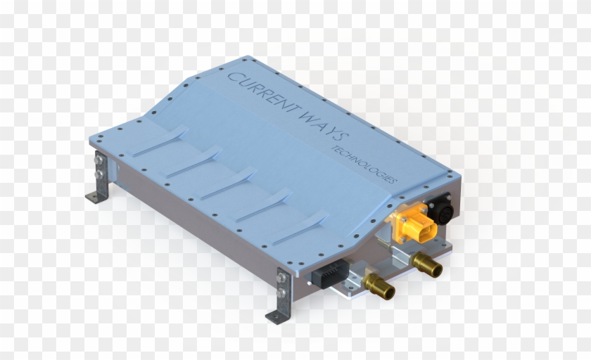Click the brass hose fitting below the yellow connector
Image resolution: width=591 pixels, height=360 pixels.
(x=427, y=265)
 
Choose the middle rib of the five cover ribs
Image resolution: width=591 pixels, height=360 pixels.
(x=231, y=181)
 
